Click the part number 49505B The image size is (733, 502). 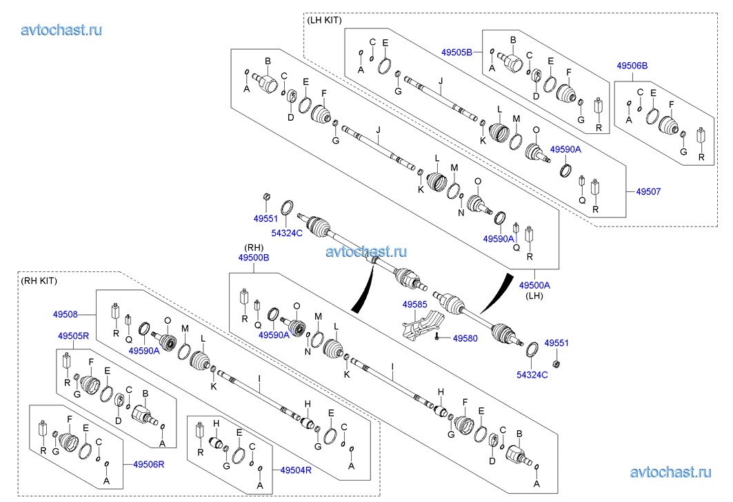[456, 52]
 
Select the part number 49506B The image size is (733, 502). [632, 66]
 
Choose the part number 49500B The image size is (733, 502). [253, 257]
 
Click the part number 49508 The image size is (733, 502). [66, 313]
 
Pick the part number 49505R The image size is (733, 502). [73, 336]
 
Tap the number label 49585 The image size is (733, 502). [415, 304]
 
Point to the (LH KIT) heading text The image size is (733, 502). [324, 20]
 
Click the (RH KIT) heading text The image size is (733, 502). [39, 280]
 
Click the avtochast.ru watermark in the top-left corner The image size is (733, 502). [62, 30]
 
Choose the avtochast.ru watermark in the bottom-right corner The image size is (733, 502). [670, 472]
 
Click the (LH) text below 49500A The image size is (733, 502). [535, 296]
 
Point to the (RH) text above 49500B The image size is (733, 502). [254, 247]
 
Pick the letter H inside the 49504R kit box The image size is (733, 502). [215, 423]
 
